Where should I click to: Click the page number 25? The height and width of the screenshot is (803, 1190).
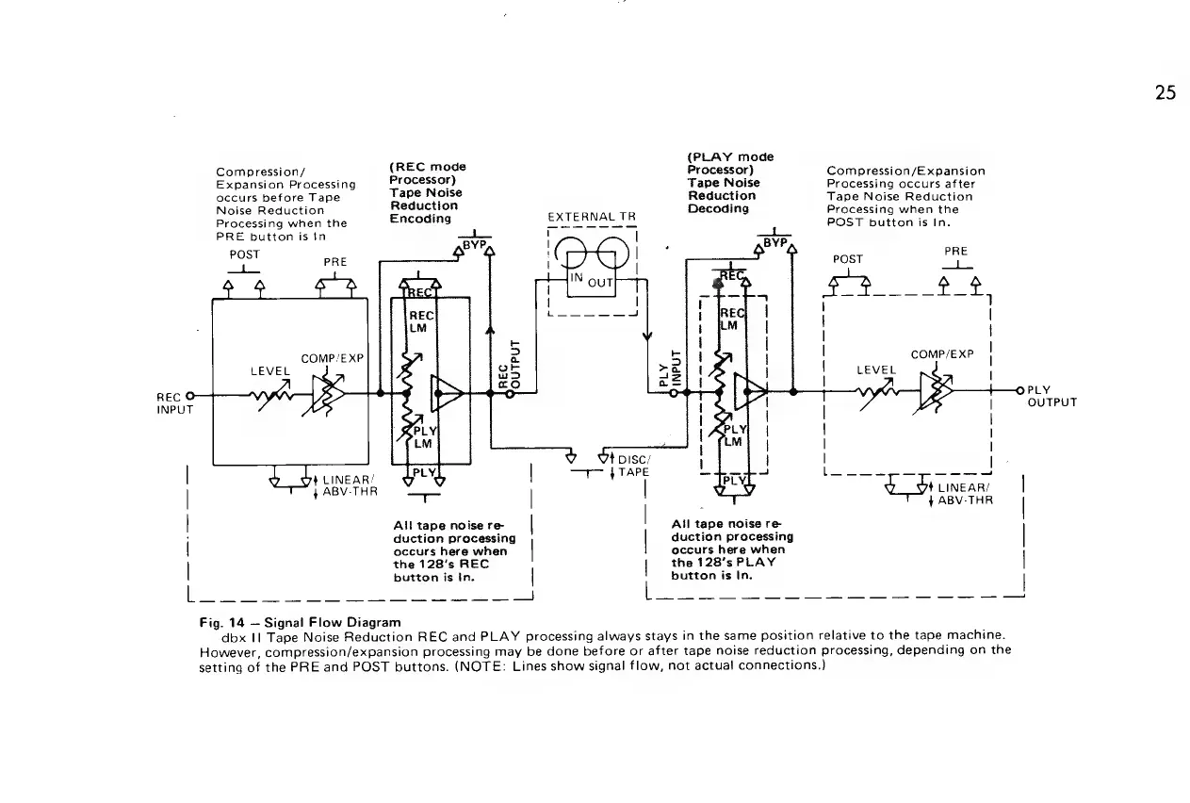point(1166,93)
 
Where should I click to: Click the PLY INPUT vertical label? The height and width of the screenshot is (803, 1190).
point(670,366)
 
